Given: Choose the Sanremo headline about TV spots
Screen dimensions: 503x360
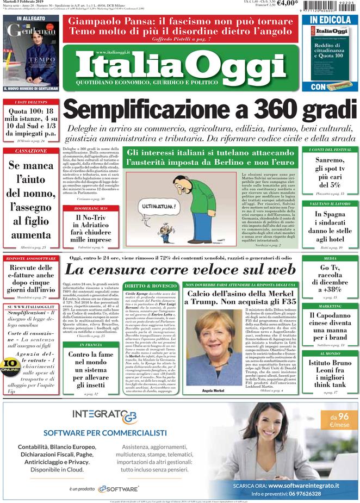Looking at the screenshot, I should (x=330, y=171).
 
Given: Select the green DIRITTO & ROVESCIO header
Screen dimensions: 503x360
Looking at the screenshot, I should (x=150, y=285).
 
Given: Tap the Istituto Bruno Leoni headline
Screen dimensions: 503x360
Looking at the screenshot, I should (x=330, y=373).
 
